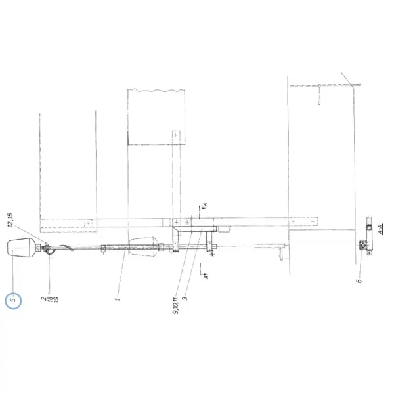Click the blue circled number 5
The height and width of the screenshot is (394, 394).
pyautogui.click(x=13, y=300)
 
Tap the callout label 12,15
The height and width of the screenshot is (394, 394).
pyautogui.click(x=11, y=220)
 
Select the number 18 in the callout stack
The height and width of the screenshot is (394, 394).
pyautogui.click(x=51, y=299)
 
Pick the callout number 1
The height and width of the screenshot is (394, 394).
pyautogui.click(x=118, y=299)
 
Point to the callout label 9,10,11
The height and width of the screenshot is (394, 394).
pyautogui.click(x=176, y=305)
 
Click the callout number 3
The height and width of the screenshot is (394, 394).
pyautogui.click(x=185, y=299)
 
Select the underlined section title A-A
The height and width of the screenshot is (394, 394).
pyautogui.click(x=381, y=229)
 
